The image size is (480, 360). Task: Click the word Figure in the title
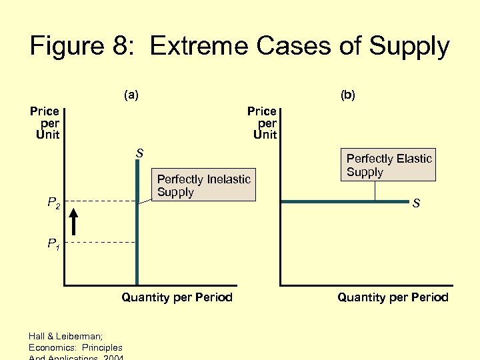(x=66, y=47)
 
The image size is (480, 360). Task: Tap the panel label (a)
(x=131, y=95)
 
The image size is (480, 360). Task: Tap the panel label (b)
(x=348, y=95)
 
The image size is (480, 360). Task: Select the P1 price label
(x=53, y=244)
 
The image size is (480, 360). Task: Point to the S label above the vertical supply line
(x=139, y=154)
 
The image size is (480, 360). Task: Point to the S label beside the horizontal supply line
(x=416, y=204)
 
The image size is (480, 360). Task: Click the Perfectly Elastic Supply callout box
(x=389, y=165)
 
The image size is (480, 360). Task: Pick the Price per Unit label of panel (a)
(x=45, y=123)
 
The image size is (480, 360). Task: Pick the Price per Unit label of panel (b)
(x=262, y=123)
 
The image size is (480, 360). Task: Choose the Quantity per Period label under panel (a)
(x=177, y=297)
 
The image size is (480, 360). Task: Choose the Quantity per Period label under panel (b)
(x=393, y=297)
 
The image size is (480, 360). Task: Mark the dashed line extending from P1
(x=100, y=242)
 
